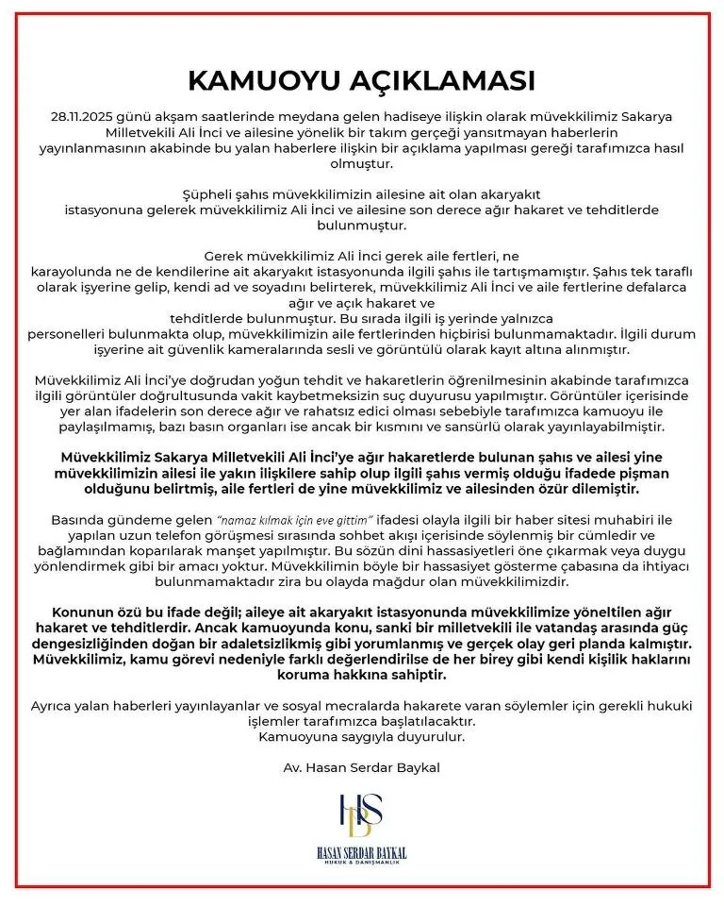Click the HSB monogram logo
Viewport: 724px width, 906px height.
pyautogui.click(x=362, y=817)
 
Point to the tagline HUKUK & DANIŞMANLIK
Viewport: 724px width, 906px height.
pyautogui.click(x=362, y=864)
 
